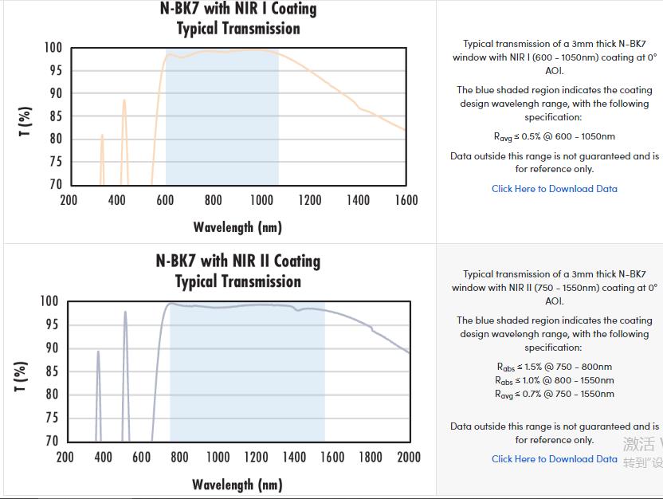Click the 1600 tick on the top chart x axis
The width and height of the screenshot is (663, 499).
(x=406, y=200)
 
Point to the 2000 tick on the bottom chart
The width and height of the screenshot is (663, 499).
(x=409, y=457)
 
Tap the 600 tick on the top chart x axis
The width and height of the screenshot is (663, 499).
(x=165, y=200)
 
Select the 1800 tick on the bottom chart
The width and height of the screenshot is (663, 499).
(x=371, y=457)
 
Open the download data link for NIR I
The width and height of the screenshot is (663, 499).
(x=554, y=189)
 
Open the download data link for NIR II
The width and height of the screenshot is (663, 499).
(x=554, y=459)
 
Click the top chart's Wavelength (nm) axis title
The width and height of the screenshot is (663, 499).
(x=237, y=227)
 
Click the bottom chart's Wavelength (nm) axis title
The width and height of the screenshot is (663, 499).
(x=237, y=484)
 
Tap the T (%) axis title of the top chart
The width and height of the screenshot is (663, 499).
(x=25, y=121)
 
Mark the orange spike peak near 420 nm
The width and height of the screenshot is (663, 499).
(x=124, y=100)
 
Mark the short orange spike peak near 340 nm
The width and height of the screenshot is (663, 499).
(x=102, y=136)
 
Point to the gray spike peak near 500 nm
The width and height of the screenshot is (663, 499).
(x=125, y=312)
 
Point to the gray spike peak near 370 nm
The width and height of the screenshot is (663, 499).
(x=98, y=352)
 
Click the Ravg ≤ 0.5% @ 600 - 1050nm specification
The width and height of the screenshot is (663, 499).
(x=554, y=136)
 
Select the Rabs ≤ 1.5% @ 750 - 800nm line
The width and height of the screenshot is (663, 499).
(x=554, y=367)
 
